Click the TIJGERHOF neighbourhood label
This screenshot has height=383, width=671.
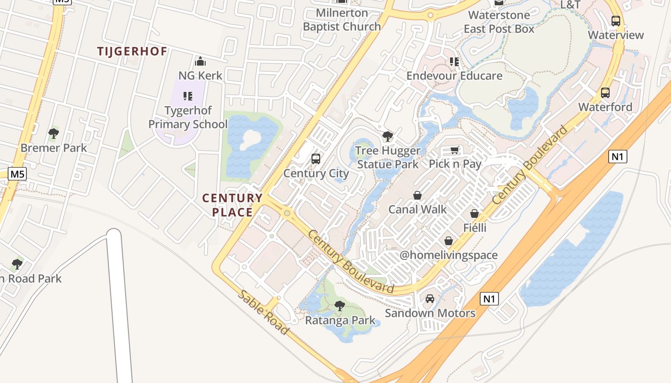tap(132, 51)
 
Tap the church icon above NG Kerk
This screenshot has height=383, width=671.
tap(200, 61)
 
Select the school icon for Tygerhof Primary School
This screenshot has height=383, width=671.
tap(188, 96)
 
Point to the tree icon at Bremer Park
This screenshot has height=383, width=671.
tap(54, 134)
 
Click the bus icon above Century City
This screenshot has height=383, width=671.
tap(315, 158)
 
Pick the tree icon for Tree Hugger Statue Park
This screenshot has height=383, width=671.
tap(387, 136)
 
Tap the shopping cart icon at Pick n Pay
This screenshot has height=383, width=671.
tap(454, 150)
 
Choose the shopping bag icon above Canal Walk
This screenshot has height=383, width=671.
tap(417, 195)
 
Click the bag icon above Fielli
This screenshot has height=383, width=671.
tap(474, 214)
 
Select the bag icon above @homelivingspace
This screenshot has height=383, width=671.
tap(448, 241)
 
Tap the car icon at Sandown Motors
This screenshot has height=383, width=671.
tap(430, 299)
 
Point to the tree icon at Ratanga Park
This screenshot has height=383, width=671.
tap(340, 305)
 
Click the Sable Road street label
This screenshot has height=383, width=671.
tap(263, 312)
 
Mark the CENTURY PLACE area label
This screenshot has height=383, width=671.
tap(232, 205)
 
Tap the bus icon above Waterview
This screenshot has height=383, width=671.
tap(616, 21)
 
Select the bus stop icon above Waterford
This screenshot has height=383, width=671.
tap(605, 93)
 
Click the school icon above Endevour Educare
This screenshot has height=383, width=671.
tap(454, 62)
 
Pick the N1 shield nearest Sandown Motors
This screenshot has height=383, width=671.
tap(489, 299)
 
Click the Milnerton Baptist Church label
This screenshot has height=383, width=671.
tap(342, 20)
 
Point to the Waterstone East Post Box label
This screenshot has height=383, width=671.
tap(499, 22)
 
